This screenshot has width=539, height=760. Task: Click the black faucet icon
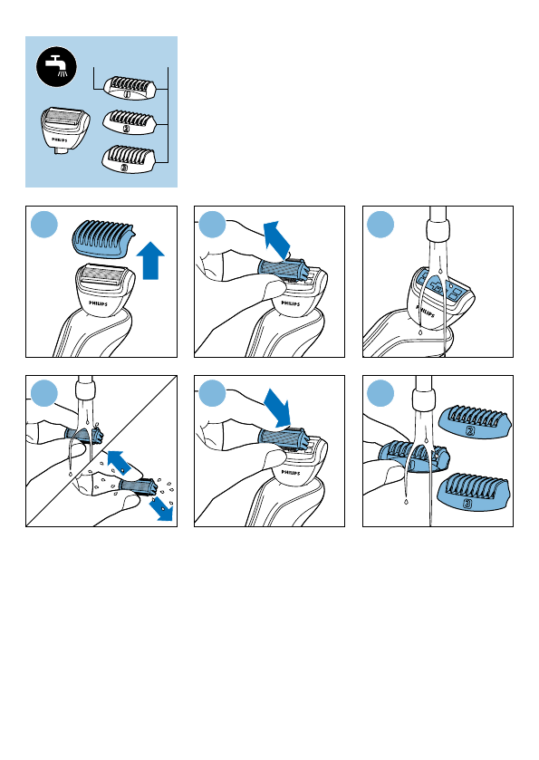coord(57,67)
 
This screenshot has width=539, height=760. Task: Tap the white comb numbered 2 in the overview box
coord(130,121)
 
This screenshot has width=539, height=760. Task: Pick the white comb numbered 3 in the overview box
coord(130,158)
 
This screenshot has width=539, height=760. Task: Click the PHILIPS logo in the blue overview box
coord(60,140)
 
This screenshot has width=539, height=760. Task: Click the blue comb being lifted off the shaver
coord(103,236)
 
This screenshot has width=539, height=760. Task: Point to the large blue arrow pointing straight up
coord(150,260)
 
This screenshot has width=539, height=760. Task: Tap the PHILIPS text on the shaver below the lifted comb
coord(99,303)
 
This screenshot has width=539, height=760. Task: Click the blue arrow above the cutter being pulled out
coord(277,239)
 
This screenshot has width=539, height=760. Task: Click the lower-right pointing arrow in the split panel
coord(161,509)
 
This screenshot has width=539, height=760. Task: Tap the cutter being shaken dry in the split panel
coord(138,487)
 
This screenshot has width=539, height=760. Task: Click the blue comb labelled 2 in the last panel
coord(475,422)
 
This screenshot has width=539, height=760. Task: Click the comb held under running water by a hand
coord(414,456)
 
